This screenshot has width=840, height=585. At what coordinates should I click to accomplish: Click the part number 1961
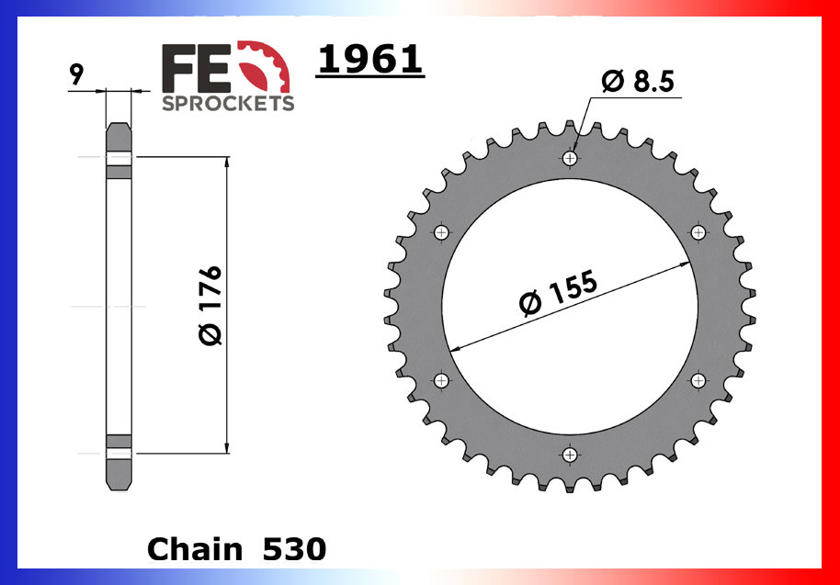coord(369,61)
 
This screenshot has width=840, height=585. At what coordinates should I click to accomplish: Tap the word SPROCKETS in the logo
coord(228,103)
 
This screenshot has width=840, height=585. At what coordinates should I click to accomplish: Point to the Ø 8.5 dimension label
coord(638,82)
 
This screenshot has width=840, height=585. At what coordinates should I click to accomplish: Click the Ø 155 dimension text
coord(558,294)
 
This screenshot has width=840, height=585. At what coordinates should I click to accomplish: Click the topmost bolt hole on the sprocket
coord(571,159)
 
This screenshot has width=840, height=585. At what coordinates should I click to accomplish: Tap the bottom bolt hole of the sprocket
coord(571,455)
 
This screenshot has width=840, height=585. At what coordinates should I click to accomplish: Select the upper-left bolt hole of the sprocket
coord(442,232)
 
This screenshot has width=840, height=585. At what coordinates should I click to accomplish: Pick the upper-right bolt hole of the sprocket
coord(698,232)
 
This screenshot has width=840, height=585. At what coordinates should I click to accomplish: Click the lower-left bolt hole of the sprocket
coord(442,380)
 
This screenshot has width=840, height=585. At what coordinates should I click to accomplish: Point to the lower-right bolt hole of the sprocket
coord(698,380)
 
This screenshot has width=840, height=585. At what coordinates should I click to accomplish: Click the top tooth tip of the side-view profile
coord(119,124)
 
